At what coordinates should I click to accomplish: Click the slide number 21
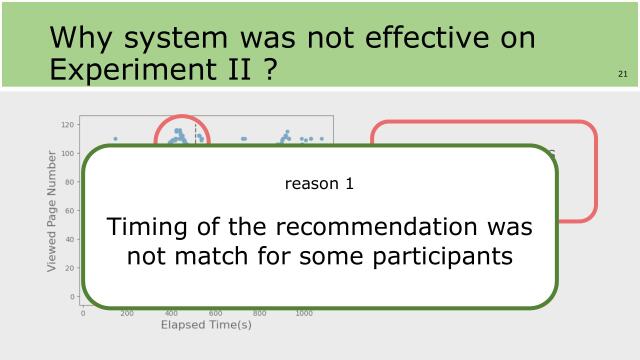coord(623,74)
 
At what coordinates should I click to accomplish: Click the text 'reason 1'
coord(319,184)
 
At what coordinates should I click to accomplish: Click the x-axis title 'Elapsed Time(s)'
coord(205,325)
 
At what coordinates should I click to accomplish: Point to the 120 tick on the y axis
coord(68,125)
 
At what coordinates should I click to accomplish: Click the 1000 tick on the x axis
coord(303,313)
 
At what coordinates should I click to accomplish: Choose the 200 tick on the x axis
coord(127,313)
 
